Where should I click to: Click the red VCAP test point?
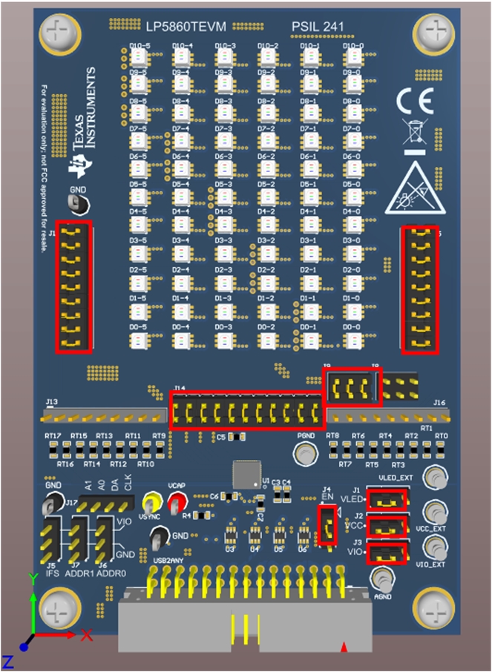click(176, 505)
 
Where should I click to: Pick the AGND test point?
click(382, 578)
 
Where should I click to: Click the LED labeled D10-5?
click(137, 59)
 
